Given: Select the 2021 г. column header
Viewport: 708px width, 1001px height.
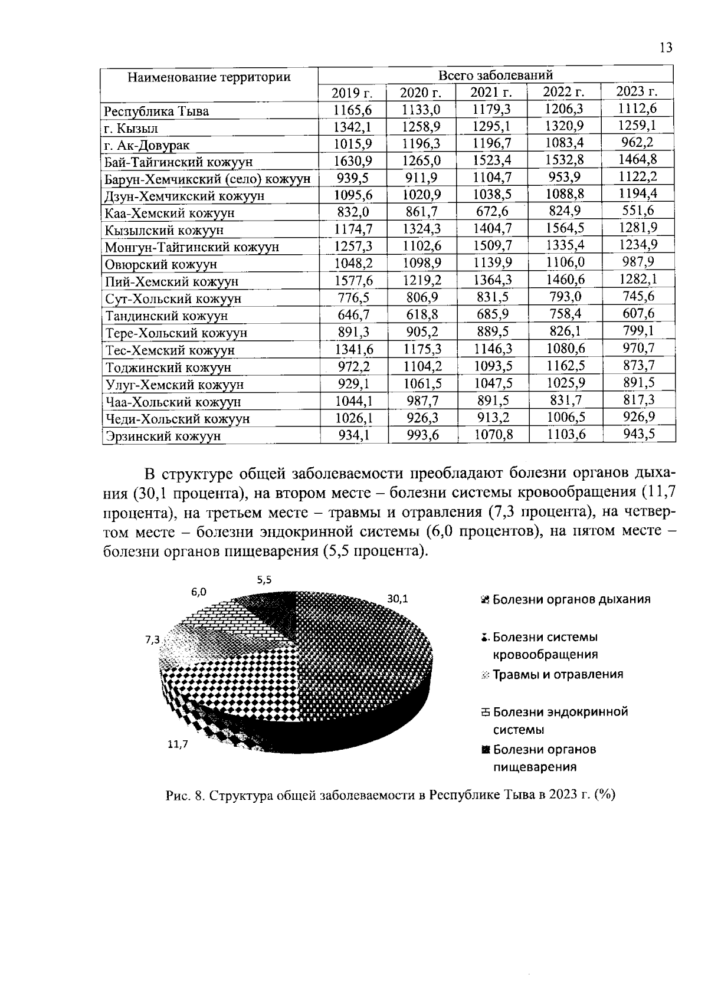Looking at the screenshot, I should [490, 92].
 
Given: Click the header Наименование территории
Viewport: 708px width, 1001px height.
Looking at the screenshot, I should [209, 77].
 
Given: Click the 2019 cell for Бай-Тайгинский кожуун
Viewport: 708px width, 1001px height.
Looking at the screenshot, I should [352, 160].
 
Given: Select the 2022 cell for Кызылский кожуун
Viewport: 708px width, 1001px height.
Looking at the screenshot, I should [565, 228].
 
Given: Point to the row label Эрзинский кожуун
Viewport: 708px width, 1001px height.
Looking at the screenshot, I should [163, 436].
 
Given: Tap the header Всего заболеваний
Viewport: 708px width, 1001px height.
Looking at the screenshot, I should [495, 75].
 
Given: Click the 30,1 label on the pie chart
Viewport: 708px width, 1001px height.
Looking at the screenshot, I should [397, 599].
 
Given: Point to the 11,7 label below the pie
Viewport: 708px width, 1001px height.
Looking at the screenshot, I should [177, 744].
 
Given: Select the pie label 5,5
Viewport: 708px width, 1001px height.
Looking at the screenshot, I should [264, 580].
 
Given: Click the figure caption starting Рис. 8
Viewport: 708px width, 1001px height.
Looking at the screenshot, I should [390, 795].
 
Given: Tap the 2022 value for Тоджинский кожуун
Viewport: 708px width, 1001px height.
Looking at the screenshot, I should [565, 366].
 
